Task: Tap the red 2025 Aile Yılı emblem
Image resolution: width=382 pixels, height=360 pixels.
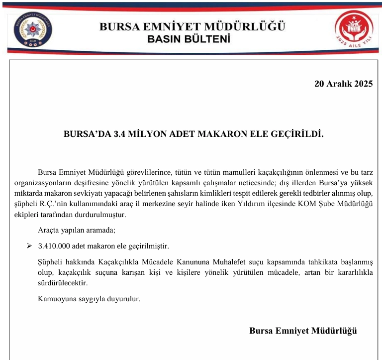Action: pyautogui.click(x=353, y=29)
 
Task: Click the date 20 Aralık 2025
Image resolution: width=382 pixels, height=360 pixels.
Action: pyautogui.click(x=343, y=84)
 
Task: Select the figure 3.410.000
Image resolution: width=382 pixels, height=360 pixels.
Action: pyautogui.click(x=54, y=246)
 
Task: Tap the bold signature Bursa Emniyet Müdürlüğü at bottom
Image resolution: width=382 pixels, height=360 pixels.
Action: pyautogui.click(x=303, y=331)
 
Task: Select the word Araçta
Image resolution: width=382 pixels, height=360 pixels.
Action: pyautogui.click(x=49, y=231)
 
